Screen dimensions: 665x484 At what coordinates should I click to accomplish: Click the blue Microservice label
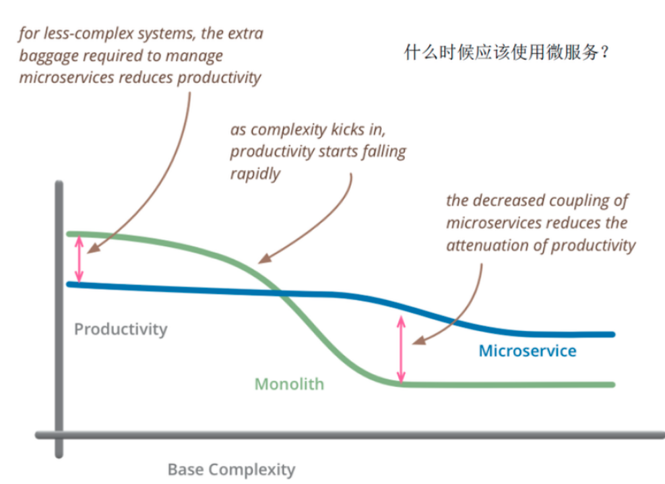click(528, 351)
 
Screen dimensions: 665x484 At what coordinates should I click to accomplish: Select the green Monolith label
click(289, 384)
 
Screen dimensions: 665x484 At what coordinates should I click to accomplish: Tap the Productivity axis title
click(121, 330)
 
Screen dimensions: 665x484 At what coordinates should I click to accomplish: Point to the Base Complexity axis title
click(232, 470)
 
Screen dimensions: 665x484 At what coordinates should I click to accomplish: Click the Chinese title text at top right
click(507, 52)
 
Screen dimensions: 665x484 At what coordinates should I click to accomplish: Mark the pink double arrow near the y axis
click(79, 259)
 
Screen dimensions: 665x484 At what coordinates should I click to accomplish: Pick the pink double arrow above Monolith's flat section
click(401, 350)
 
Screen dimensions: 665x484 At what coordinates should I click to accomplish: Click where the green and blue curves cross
click(280, 293)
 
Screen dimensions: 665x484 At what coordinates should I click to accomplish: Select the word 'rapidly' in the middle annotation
click(255, 174)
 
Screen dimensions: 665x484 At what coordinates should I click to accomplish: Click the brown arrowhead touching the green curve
click(264, 258)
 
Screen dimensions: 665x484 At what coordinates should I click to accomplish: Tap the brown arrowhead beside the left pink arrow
click(93, 249)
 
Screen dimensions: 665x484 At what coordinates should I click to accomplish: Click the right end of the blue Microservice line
click(612, 334)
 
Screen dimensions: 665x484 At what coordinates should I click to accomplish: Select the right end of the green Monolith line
click(612, 385)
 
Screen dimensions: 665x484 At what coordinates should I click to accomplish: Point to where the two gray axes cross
click(59, 435)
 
